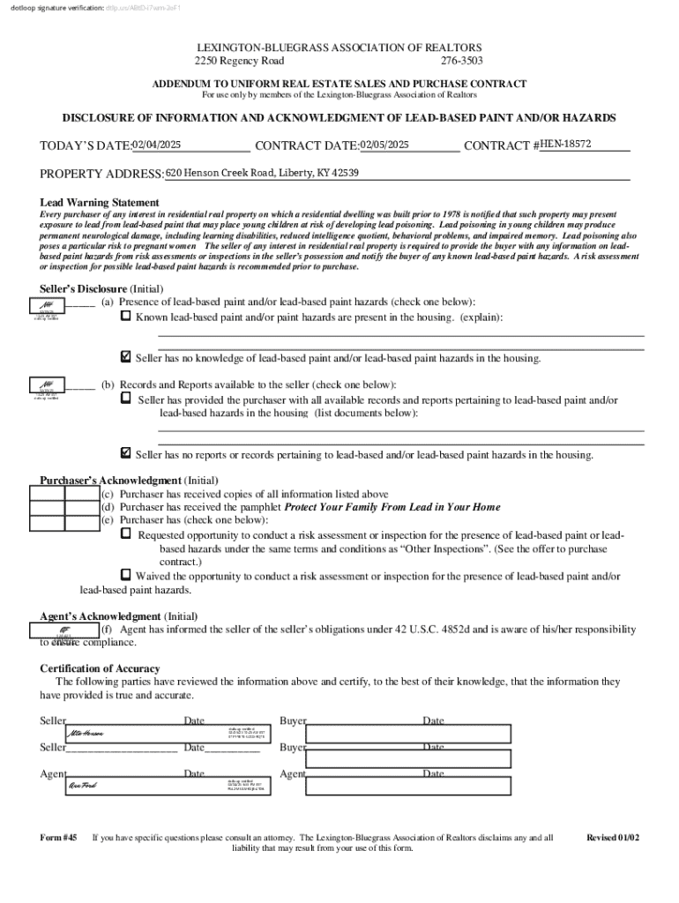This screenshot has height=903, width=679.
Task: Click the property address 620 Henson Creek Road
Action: click(x=262, y=173)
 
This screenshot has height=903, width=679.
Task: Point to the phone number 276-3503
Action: click(x=462, y=62)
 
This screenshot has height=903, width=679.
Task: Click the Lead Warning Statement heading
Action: click(x=100, y=203)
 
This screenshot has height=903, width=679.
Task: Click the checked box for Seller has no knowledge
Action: click(x=125, y=357)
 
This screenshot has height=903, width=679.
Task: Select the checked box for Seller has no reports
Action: click(x=125, y=453)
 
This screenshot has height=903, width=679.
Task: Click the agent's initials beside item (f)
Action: click(x=63, y=631)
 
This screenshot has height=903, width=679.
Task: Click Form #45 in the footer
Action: click(x=59, y=838)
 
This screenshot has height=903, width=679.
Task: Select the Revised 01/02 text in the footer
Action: click(x=616, y=838)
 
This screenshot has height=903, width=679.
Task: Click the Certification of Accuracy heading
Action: click(x=100, y=668)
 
